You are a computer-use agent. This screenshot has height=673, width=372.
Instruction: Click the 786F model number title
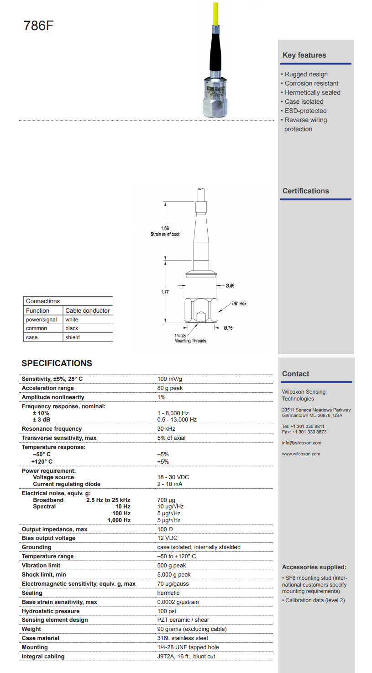click(38, 26)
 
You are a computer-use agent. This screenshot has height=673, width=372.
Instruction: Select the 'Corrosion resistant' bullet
click(311, 83)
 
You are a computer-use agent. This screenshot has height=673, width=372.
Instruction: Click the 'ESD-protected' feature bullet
click(305, 111)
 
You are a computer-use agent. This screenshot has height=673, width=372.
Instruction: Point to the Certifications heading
click(305, 191)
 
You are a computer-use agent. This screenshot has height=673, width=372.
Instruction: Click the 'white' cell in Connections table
click(72, 320)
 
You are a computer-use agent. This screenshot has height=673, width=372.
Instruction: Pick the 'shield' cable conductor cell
click(72, 337)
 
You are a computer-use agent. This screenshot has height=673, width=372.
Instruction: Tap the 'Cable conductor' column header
click(87, 310)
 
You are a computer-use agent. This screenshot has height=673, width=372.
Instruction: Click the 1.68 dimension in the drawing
click(165, 228)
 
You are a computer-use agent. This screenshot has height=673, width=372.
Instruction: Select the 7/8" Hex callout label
click(239, 304)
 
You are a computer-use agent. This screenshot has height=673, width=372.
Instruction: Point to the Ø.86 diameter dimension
click(230, 286)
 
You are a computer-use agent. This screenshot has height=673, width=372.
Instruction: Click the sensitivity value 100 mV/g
click(170, 379)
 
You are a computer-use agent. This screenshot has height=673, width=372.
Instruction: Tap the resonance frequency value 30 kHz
click(166, 429)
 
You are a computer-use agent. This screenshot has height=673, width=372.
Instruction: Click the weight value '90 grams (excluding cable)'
click(192, 629)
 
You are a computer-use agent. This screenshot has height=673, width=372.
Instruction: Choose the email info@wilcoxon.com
click(301, 443)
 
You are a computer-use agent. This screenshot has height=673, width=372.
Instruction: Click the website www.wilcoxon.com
click(301, 454)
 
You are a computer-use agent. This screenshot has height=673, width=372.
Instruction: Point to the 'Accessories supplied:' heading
click(314, 567)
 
